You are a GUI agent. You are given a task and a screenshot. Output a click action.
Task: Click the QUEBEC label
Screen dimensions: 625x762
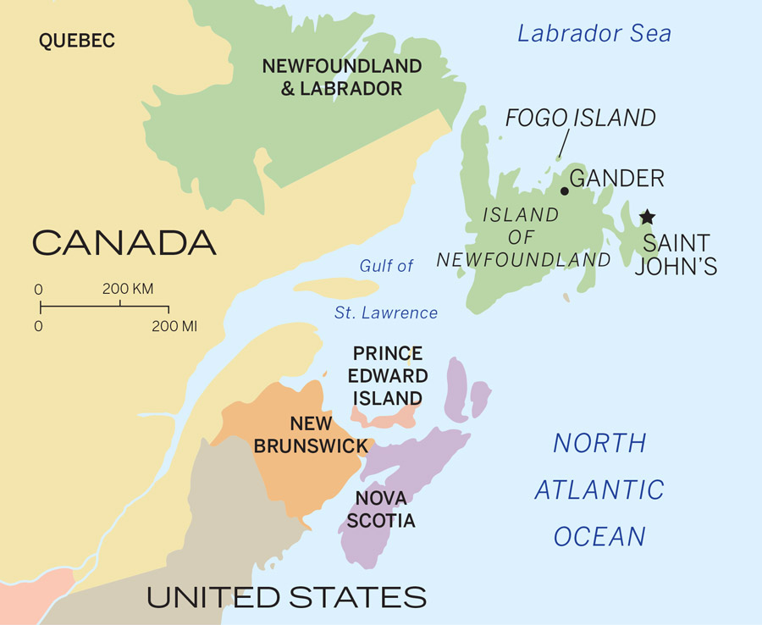tap(76, 40)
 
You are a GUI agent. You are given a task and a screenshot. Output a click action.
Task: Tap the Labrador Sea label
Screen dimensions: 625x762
tap(594, 34)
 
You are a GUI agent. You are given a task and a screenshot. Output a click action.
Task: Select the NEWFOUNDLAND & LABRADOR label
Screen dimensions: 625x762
tap(341, 77)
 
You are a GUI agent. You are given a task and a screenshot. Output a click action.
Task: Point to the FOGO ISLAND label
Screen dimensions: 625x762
tap(580, 118)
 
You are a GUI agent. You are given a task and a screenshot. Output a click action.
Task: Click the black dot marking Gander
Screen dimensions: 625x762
tap(565, 191)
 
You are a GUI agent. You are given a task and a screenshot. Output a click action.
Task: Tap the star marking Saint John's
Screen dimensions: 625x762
tap(647, 218)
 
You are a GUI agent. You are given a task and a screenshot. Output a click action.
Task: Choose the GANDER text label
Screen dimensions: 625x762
tap(617, 179)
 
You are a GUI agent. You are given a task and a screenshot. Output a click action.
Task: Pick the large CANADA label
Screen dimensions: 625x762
tap(124, 243)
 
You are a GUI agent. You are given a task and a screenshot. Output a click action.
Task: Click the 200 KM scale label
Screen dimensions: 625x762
tap(128, 289)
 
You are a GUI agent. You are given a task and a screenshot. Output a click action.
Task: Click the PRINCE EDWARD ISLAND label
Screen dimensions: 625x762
tap(388, 375)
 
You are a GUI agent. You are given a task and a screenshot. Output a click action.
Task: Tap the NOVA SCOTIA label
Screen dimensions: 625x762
tap(385, 509)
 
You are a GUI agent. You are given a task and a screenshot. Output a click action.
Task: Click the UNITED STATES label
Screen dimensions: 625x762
tap(286, 597)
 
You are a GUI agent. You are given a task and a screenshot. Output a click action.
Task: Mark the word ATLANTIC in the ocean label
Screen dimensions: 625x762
tap(599, 489)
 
